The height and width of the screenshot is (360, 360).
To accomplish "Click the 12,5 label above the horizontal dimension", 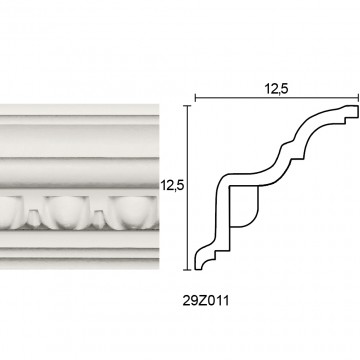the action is (x=276, y=89).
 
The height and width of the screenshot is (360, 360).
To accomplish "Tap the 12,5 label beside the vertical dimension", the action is (x=172, y=185).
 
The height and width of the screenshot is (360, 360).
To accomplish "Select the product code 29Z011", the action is (x=206, y=301).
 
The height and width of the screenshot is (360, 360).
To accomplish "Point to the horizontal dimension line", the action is (x=277, y=98).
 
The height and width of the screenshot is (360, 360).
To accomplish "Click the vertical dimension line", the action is (x=188, y=188).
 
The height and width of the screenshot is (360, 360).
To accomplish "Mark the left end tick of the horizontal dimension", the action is (x=195, y=98).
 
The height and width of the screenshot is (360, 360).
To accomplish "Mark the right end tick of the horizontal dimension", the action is (x=358, y=98).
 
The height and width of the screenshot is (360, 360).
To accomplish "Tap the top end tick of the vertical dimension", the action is (x=188, y=106).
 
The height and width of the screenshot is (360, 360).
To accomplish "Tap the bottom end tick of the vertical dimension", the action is (x=188, y=270).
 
